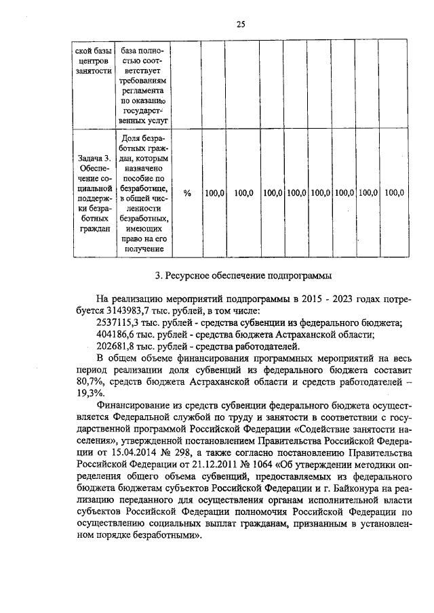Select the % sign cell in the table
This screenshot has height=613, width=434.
[x=187, y=193]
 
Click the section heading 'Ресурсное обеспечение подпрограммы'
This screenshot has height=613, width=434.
[x=243, y=276]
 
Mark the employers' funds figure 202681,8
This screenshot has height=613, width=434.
[x=119, y=347]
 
